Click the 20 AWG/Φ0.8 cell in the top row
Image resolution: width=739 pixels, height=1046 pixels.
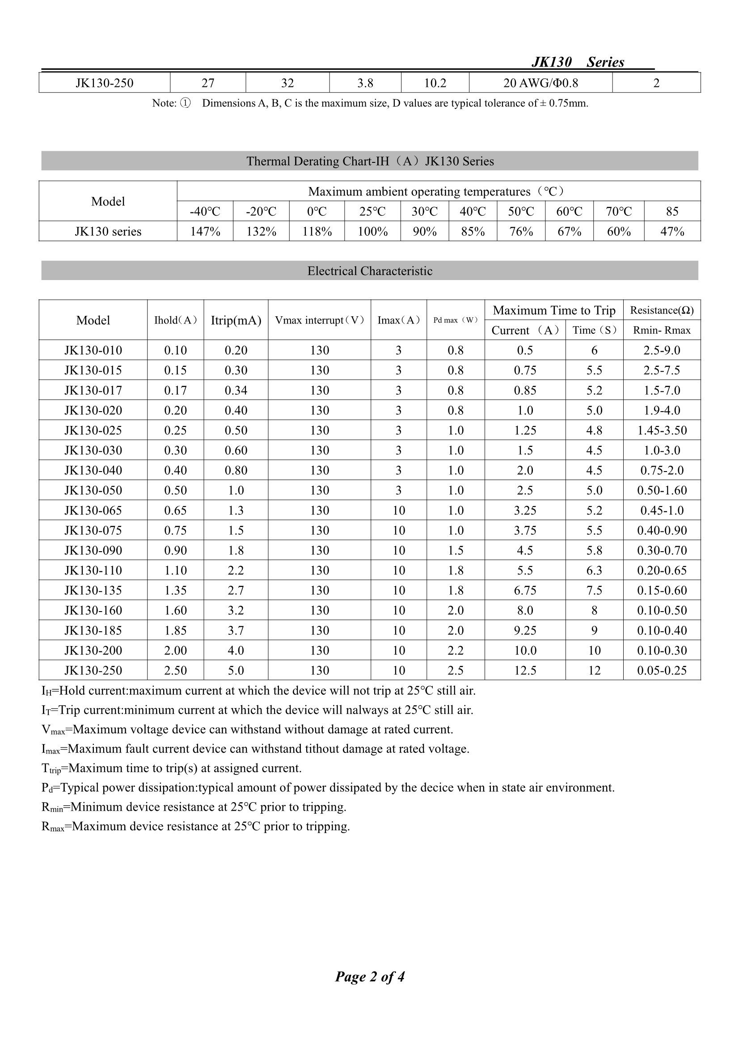[541, 83]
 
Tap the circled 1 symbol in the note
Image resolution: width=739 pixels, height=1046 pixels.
[185, 103]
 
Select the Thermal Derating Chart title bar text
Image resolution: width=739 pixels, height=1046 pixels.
[370, 161]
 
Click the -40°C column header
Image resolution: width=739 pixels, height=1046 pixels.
[205, 211]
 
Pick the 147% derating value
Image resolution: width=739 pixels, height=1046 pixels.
[205, 231]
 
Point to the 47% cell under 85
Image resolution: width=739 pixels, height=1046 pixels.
[672, 231]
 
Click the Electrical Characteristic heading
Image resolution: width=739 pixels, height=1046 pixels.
[370, 271]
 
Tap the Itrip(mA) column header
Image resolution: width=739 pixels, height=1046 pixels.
[236, 320]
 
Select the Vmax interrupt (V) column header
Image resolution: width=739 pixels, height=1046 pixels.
[319, 320]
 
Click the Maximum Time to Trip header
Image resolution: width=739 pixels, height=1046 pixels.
[553, 310]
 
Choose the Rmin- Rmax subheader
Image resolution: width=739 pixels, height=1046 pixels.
[662, 330]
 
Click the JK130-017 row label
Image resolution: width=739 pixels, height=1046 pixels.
[93, 391]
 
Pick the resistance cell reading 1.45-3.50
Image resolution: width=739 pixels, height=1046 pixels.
[662, 430]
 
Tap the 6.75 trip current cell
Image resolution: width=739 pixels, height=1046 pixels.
[525, 591]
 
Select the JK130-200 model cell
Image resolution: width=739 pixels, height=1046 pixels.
[93, 651]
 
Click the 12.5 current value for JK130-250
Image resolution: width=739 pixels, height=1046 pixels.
[525, 671]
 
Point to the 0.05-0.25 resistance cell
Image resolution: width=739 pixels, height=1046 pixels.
[662, 671]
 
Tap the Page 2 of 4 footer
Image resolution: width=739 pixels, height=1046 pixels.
[370, 977]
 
